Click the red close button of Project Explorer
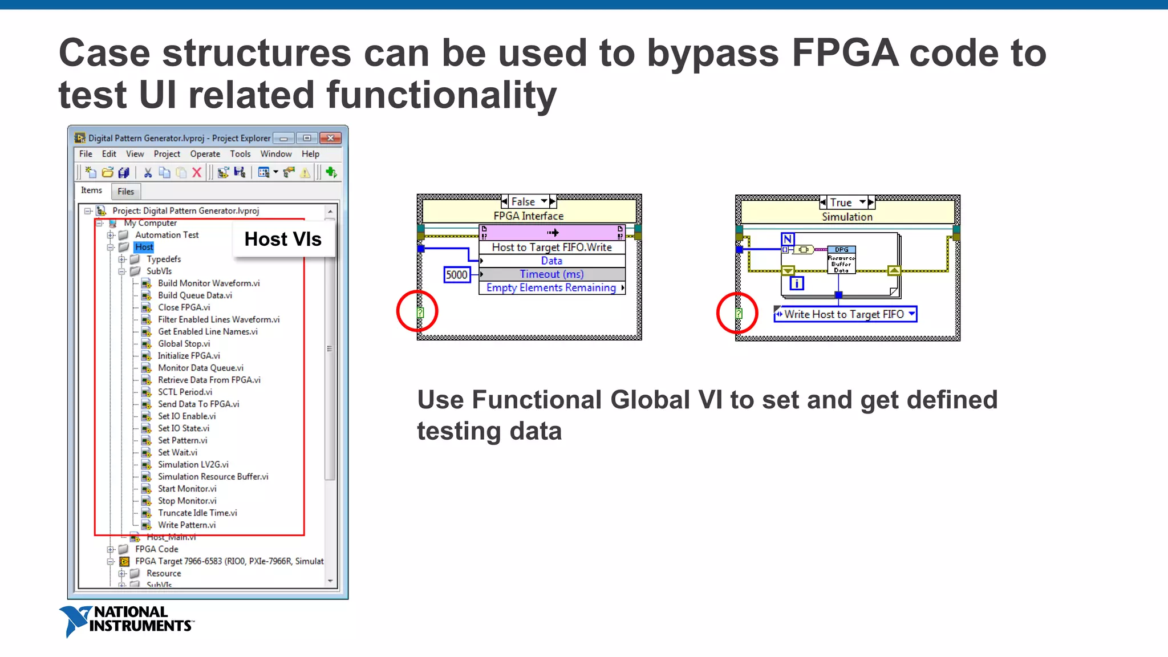[330, 138]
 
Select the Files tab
[125, 192]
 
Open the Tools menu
[240, 154]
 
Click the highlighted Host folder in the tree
[144, 247]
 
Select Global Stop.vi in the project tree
[184, 343]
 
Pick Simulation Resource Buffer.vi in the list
[213, 476]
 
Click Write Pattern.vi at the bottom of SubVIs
[186, 525]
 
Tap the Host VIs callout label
[283, 239]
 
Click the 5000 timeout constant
[456, 275]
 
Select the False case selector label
[523, 202]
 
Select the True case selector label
[841, 202]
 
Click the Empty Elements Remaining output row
[551, 288]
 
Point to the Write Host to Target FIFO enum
[845, 314]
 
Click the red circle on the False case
[417, 311]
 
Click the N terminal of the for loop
[788, 239]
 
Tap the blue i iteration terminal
[797, 283]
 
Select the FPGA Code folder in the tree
[156, 549]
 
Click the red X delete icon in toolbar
[197, 172]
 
